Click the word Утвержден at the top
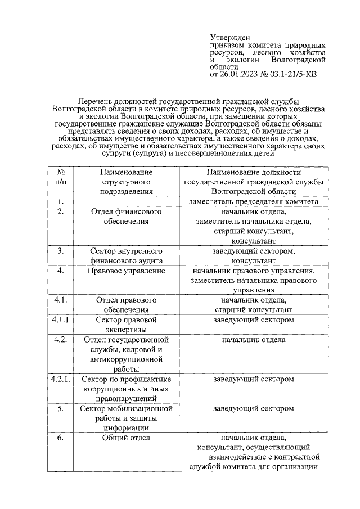click(x=227, y=37)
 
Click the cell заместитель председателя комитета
click(x=254, y=201)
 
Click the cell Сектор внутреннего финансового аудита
click(x=126, y=256)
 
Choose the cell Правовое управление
click(x=126, y=271)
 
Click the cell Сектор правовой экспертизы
click(x=126, y=325)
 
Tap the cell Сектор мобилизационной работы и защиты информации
click(x=126, y=418)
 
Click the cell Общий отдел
click(x=126, y=438)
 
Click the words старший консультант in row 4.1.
click(x=254, y=310)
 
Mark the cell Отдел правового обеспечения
click(x=126, y=305)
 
